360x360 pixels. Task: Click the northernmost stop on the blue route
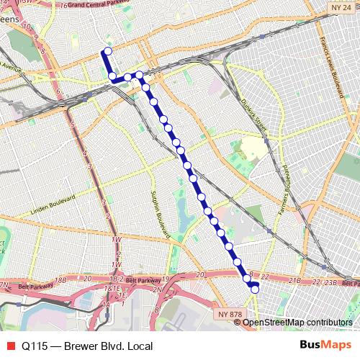click(x=108, y=50)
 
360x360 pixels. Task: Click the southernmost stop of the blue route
click(x=254, y=289)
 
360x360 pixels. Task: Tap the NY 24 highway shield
click(x=341, y=7)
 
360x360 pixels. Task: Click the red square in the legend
click(x=9, y=346)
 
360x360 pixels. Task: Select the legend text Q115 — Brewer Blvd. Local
click(x=86, y=346)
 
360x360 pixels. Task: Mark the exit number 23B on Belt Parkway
click(x=331, y=282)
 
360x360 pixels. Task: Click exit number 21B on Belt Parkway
click(x=294, y=279)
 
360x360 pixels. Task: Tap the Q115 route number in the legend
click(x=35, y=346)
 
